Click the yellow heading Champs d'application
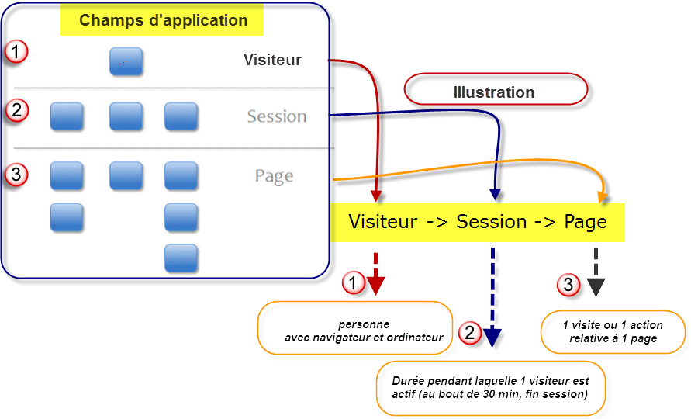click(163, 20)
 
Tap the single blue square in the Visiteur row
click(126, 61)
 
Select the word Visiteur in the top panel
click(272, 60)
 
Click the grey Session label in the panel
click(277, 116)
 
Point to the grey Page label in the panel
click(274, 176)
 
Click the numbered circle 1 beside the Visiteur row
click(16, 51)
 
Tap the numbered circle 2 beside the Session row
click(17, 110)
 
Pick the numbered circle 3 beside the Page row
click(16, 175)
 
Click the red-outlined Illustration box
click(496, 89)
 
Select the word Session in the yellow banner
click(492, 222)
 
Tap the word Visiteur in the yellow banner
click(382, 222)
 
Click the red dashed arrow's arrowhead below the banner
click(375, 286)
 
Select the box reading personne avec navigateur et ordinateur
click(355, 328)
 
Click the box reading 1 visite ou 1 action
click(613, 332)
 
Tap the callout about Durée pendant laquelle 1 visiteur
click(490, 388)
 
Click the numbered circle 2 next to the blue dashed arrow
click(470, 333)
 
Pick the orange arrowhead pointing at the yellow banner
click(603, 198)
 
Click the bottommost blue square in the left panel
click(181, 258)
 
